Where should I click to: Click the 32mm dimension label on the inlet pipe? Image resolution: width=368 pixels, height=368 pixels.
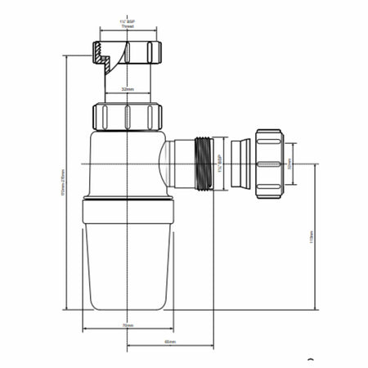(x=128, y=88)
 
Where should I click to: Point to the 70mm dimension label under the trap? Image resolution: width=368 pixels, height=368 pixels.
(x=128, y=325)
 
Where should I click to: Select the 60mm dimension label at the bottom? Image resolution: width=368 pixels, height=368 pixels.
(x=170, y=341)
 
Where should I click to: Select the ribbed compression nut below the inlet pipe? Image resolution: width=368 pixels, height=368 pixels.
(x=128, y=115)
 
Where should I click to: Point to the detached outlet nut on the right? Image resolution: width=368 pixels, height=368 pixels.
(x=269, y=164)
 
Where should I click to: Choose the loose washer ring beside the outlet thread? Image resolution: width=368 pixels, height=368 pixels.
(x=240, y=164)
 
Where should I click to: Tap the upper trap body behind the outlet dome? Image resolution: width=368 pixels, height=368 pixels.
(x=123, y=164)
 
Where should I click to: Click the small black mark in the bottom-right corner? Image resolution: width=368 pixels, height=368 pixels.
(x=310, y=359)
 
